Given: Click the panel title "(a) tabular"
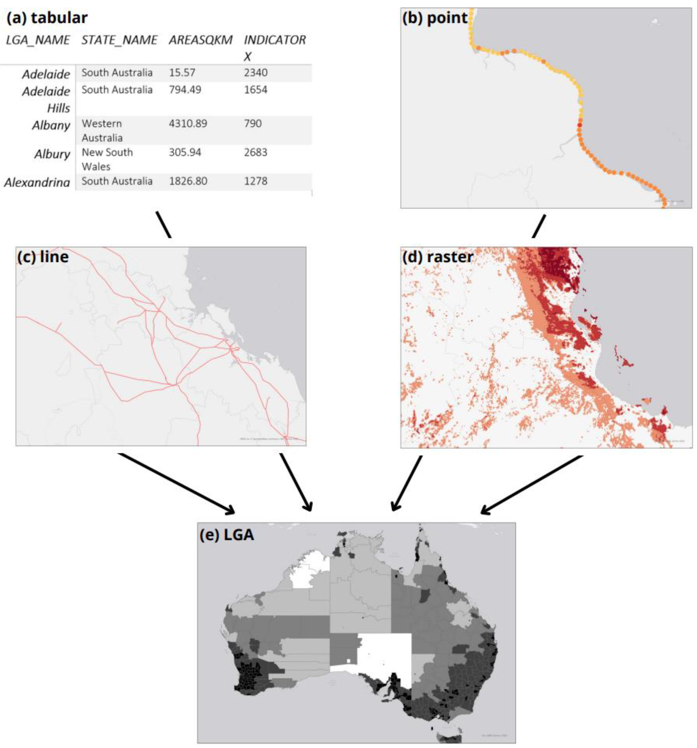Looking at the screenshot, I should point(47,18).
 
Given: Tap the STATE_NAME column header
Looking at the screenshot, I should point(119,40).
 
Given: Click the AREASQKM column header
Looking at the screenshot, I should point(200,40).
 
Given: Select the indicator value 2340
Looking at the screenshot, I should point(256,73).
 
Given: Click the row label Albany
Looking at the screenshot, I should point(51,125).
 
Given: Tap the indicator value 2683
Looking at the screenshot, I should point(256,152).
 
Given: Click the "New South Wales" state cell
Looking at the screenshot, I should point(107,159).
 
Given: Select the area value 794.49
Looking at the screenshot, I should point(185,90).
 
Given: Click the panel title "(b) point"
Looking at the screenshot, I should point(434,18).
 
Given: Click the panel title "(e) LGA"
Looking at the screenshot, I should point(227,535).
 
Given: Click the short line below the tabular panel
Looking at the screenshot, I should point(164,224).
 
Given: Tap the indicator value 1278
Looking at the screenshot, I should point(256,181).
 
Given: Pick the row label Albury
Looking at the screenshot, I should point(52,154).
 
